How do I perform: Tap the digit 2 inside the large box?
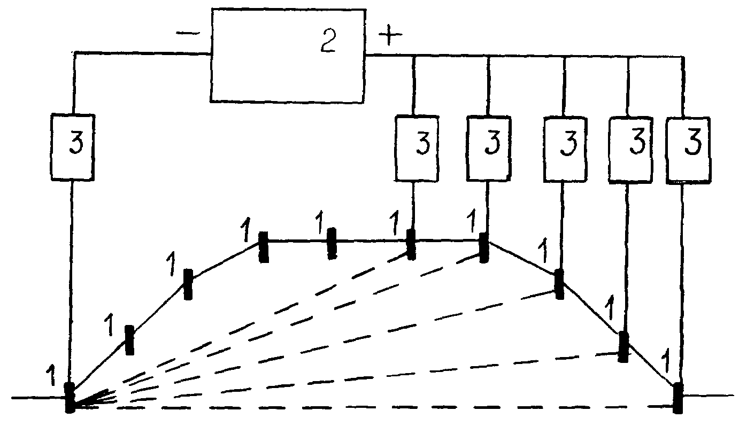click(x=328, y=41)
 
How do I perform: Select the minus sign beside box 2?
click(x=188, y=33)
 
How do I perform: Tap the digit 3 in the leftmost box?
click(x=76, y=143)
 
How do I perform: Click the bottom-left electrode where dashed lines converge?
click(x=70, y=397)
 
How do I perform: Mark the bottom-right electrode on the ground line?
click(x=678, y=398)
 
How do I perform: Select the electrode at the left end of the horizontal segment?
click(x=263, y=247)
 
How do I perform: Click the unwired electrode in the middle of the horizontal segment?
click(x=332, y=243)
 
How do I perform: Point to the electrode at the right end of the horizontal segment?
click(x=483, y=247)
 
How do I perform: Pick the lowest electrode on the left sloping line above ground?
click(x=129, y=340)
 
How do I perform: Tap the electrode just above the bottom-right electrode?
click(x=623, y=347)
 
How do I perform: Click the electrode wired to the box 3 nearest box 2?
click(x=411, y=245)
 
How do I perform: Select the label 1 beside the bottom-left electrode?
click(x=51, y=375)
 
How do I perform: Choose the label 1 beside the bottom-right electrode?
click(x=666, y=362)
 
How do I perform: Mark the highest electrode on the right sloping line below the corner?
click(x=559, y=284)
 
